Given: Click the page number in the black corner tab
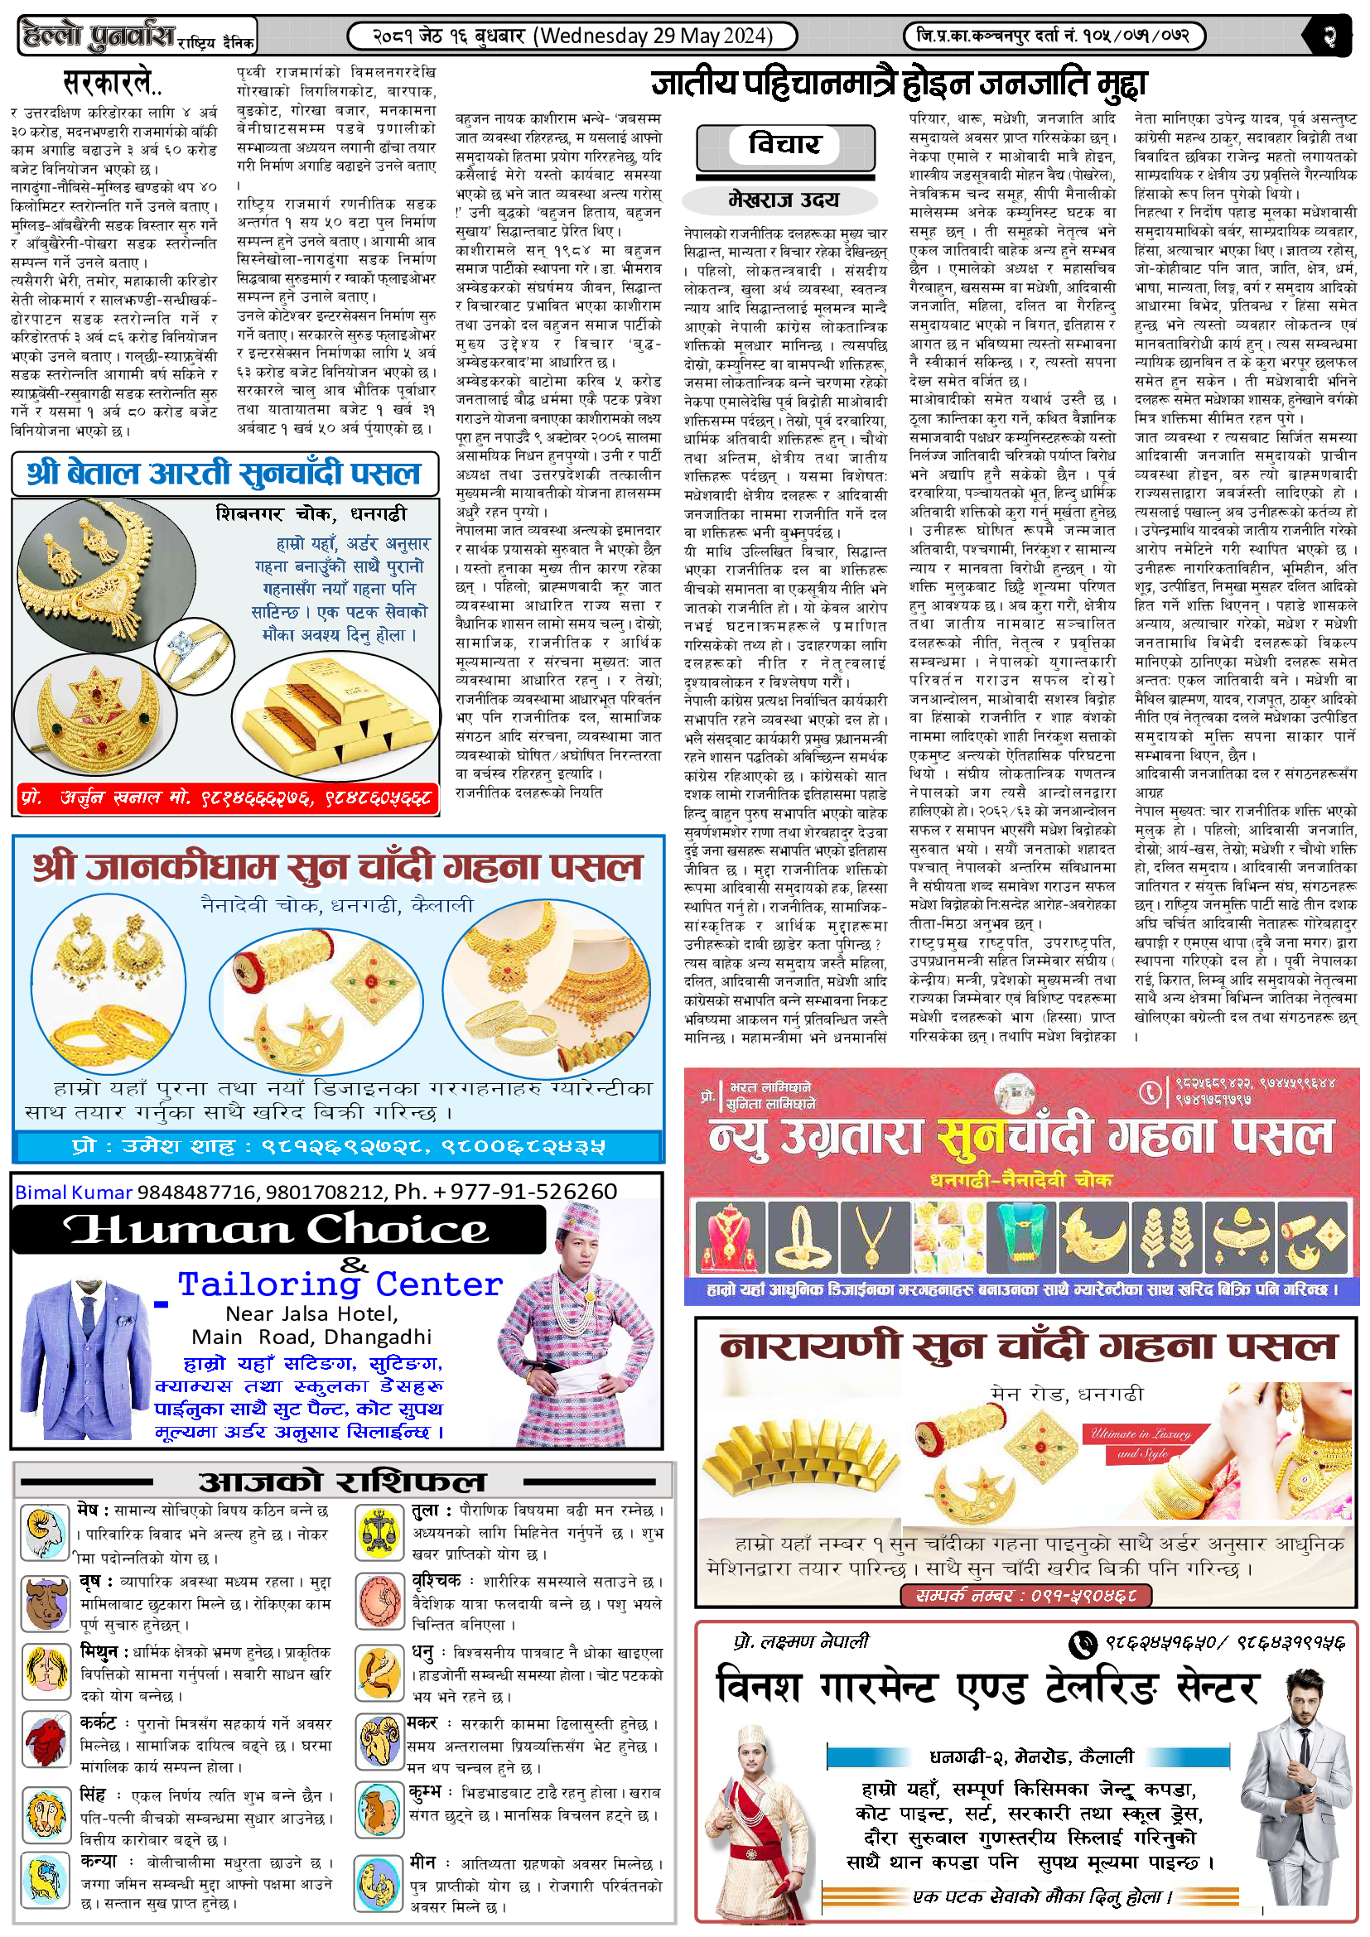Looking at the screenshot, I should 1331,36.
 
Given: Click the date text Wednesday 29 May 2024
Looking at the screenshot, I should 656,36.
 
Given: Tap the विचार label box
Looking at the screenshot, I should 784,144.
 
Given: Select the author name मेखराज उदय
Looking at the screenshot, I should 784,200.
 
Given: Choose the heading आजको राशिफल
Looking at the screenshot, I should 341,1482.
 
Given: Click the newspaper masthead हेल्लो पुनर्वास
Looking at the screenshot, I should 99,36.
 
